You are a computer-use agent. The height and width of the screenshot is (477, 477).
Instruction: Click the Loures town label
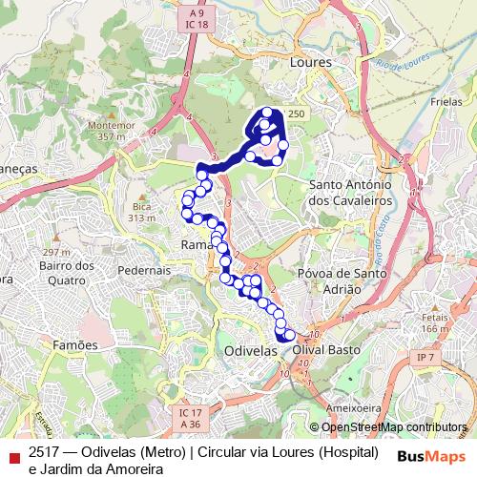[309, 61]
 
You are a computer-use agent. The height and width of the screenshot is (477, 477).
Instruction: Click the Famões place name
[75, 344]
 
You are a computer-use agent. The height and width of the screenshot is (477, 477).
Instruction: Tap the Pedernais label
[143, 270]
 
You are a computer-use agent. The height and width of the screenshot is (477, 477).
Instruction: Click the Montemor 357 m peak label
[106, 131]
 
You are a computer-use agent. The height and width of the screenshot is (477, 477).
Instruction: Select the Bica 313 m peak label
[142, 212]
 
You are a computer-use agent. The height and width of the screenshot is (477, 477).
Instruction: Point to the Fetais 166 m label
[435, 323]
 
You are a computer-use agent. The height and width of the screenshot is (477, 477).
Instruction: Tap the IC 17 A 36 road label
[189, 418]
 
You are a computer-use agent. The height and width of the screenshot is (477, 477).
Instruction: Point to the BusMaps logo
[430, 455]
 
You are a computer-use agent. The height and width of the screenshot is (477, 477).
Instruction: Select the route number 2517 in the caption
[44, 451]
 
